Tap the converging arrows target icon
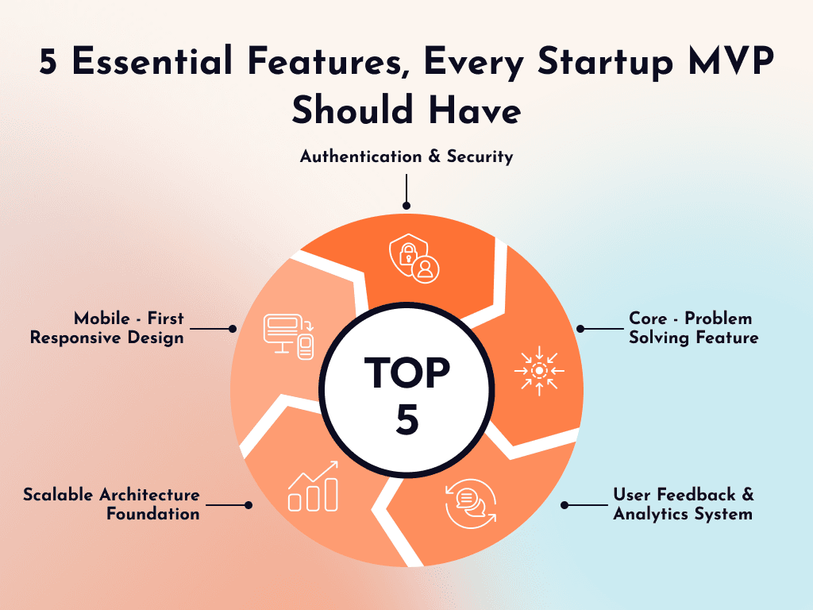pyautogui.click(x=539, y=370)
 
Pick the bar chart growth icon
pyautogui.click(x=314, y=486)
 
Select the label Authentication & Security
pyautogui.click(x=406, y=156)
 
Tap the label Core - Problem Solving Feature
pyautogui.click(x=693, y=328)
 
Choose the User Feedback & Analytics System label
pyautogui.click(x=683, y=504)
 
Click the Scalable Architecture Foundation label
pyautogui.click(x=111, y=504)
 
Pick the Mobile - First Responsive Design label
pyautogui.click(x=107, y=328)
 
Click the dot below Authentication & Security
pyautogui.click(x=406, y=205)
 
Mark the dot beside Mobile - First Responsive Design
pyautogui.click(x=233, y=328)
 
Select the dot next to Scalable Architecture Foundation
pyautogui.click(x=249, y=504)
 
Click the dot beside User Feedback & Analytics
pyautogui.click(x=565, y=504)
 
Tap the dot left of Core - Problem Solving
pyautogui.click(x=580, y=328)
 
